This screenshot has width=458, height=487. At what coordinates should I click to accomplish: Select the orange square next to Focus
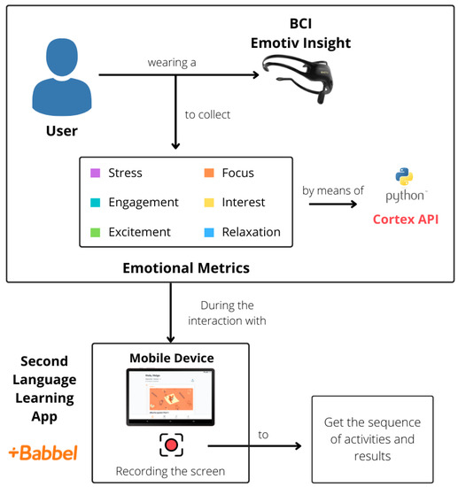click(207, 173)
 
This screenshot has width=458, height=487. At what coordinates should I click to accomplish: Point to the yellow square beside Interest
click(207, 202)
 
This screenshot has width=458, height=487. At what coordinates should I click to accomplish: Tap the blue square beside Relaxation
click(207, 232)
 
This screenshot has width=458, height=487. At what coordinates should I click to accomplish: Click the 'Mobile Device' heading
click(172, 357)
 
